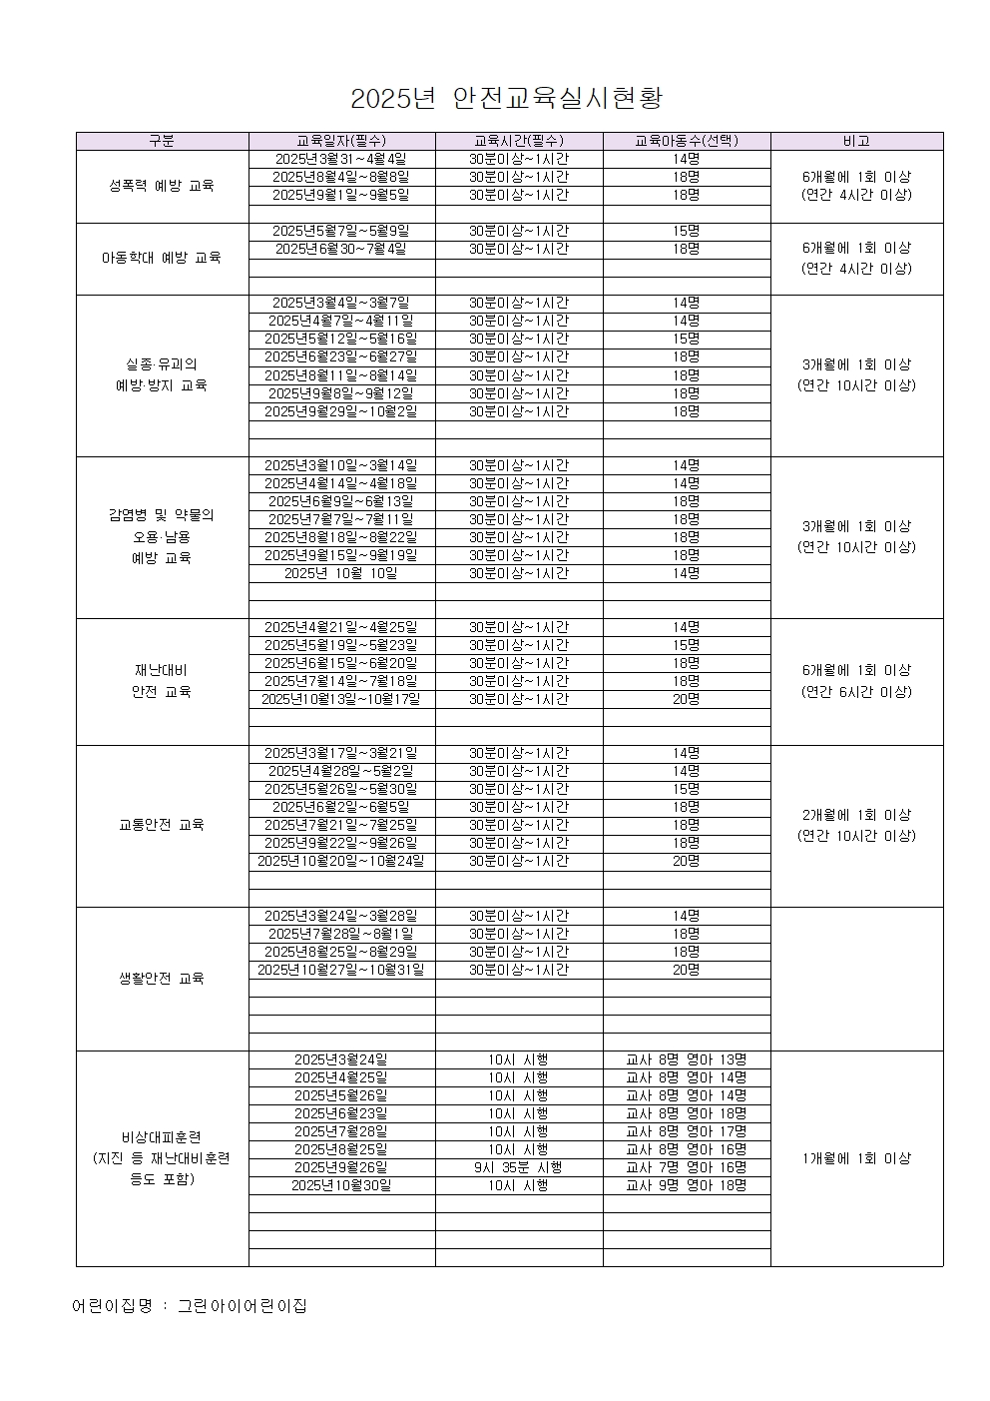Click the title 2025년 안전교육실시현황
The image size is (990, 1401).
click(x=507, y=99)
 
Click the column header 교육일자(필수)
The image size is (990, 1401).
click(x=341, y=141)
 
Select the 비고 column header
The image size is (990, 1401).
click(x=856, y=141)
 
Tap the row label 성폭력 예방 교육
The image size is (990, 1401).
click(x=162, y=186)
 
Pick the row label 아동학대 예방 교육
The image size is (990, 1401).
click(x=162, y=258)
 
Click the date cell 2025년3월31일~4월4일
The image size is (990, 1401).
click(x=341, y=159)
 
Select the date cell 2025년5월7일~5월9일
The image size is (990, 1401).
click(x=341, y=231)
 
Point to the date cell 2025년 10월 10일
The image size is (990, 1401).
click(x=341, y=573)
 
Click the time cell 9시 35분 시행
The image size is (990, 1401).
click(x=518, y=1167)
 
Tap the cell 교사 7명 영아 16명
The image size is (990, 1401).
click(x=686, y=1167)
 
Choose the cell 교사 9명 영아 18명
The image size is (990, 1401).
click(x=686, y=1185)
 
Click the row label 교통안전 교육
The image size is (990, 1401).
click(x=162, y=825)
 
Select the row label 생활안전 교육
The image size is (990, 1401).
click(x=162, y=979)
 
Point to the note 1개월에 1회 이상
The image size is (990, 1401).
click(x=856, y=1158)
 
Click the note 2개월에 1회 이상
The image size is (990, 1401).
click(x=856, y=815)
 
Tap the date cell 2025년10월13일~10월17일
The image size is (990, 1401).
click(x=341, y=699)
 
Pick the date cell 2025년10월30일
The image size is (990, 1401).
click(x=341, y=1185)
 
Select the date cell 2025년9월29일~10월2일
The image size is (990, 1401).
click(x=341, y=411)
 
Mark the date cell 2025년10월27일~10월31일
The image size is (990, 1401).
click(x=341, y=970)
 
